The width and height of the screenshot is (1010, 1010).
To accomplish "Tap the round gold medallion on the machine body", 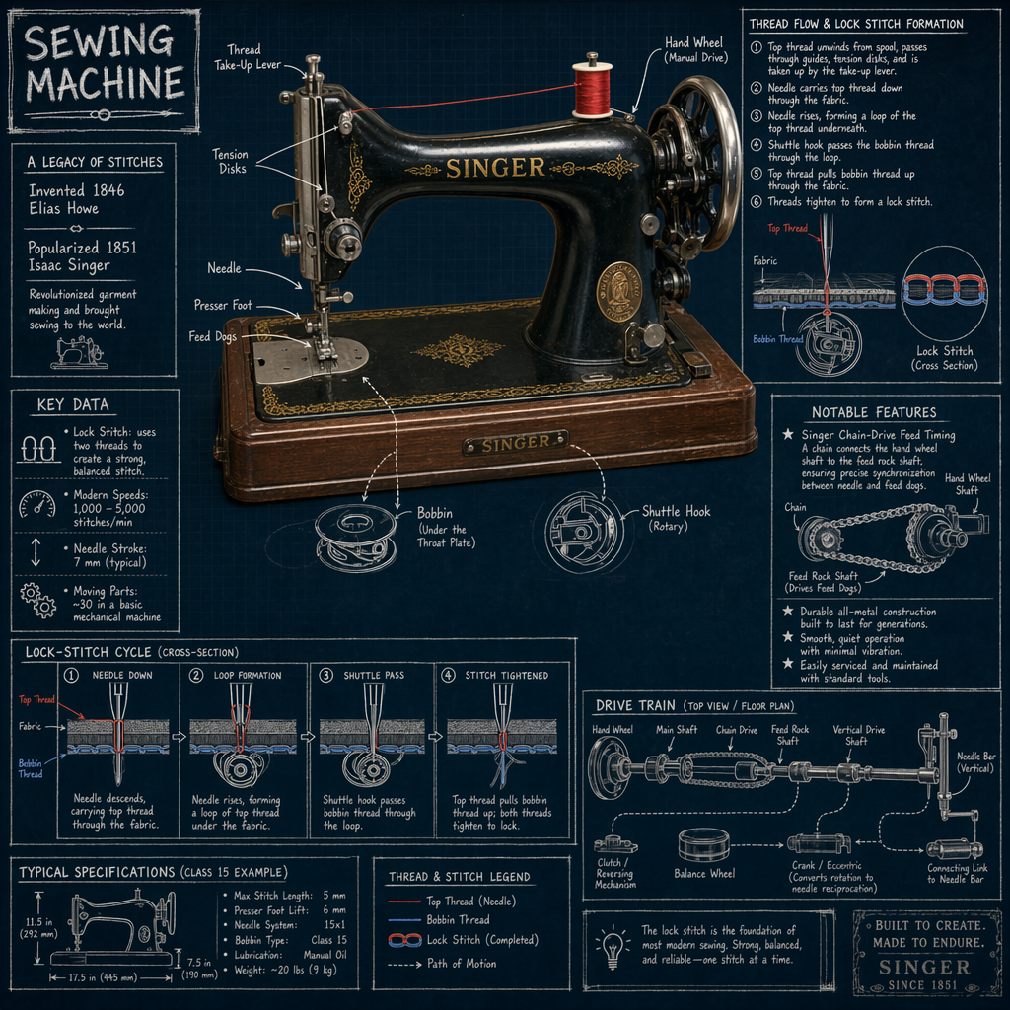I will pyautogui.click(x=618, y=291).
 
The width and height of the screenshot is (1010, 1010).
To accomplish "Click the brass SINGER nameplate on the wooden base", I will pyautogui.click(x=514, y=445).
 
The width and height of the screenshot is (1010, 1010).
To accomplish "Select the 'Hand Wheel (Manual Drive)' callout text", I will pyautogui.click(x=694, y=50).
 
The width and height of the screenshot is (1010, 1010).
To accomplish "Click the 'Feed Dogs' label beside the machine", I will pyautogui.click(x=213, y=337).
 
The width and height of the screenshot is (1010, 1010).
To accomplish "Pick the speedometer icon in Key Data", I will pyautogui.click(x=36, y=504).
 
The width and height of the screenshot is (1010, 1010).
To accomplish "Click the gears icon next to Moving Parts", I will pyautogui.click(x=37, y=599).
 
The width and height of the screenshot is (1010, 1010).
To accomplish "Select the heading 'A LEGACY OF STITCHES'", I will pyautogui.click(x=95, y=162).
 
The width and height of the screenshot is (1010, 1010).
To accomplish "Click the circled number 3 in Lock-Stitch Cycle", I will pyautogui.click(x=326, y=676).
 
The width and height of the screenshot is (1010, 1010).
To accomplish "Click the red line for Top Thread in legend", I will pyautogui.click(x=404, y=902).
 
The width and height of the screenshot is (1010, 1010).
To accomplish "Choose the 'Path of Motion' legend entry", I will pyautogui.click(x=461, y=964).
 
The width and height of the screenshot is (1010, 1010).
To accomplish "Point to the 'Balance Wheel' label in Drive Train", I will pyautogui.click(x=703, y=874).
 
